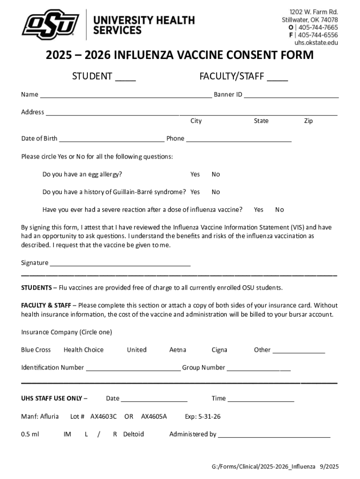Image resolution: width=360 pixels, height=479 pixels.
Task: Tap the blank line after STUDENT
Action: coord(125,80)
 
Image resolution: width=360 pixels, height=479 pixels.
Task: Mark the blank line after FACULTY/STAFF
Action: coord(277,80)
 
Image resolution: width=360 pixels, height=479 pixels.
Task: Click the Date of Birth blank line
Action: coord(112,140)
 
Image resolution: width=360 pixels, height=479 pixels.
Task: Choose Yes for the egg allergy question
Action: coord(195,174)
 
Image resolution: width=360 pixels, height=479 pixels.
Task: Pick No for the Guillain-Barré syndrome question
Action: coord(216,192)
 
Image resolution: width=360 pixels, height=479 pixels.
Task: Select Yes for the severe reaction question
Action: coord(259,210)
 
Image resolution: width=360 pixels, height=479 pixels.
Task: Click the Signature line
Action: coord(120,264)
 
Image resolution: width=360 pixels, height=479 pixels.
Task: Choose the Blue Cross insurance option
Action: coord(36,350)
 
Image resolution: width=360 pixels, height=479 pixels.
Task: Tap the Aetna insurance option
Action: coord(178,350)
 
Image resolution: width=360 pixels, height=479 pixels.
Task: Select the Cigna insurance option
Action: coord(219,350)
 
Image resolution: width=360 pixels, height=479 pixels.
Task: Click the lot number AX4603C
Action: coord(104,416)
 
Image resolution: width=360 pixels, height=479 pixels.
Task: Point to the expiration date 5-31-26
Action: coord(209,416)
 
